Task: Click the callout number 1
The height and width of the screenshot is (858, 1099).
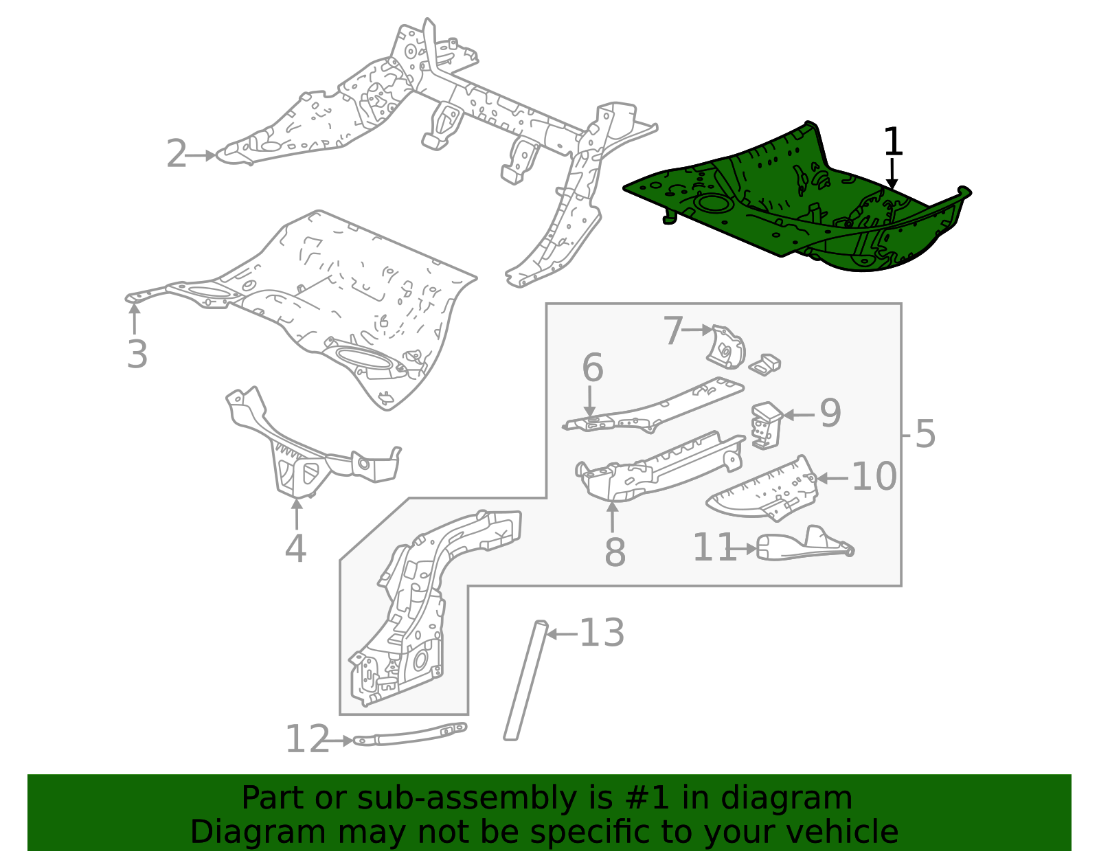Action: [892, 142]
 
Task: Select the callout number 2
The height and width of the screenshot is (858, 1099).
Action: [177, 155]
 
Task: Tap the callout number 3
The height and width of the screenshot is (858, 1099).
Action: [137, 355]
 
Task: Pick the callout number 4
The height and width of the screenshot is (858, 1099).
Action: [295, 549]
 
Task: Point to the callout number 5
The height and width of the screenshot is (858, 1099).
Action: [925, 434]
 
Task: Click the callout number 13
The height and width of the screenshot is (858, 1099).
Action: [602, 633]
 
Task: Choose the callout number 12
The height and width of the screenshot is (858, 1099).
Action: [307, 740]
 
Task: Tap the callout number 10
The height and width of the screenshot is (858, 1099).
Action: [874, 477]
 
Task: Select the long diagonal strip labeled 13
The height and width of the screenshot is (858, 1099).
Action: [525, 680]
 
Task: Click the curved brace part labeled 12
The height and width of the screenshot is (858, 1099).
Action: [412, 734]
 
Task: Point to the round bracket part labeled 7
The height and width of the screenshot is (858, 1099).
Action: [727, 348]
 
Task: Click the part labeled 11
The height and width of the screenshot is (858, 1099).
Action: [804, 546]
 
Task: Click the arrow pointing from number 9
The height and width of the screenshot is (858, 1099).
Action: [799, 414]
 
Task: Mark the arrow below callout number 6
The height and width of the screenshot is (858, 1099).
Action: [590, 400]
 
